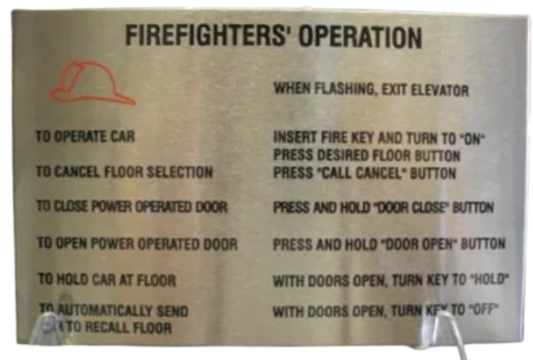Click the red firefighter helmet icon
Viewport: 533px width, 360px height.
92,84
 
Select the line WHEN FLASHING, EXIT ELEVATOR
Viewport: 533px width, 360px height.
371,89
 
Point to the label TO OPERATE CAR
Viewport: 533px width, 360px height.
85,137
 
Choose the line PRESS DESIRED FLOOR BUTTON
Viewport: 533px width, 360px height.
366,156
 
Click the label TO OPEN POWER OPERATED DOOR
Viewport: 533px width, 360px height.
137,243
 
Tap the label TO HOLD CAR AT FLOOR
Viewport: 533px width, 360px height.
106,280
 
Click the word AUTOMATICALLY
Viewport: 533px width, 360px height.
100,312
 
